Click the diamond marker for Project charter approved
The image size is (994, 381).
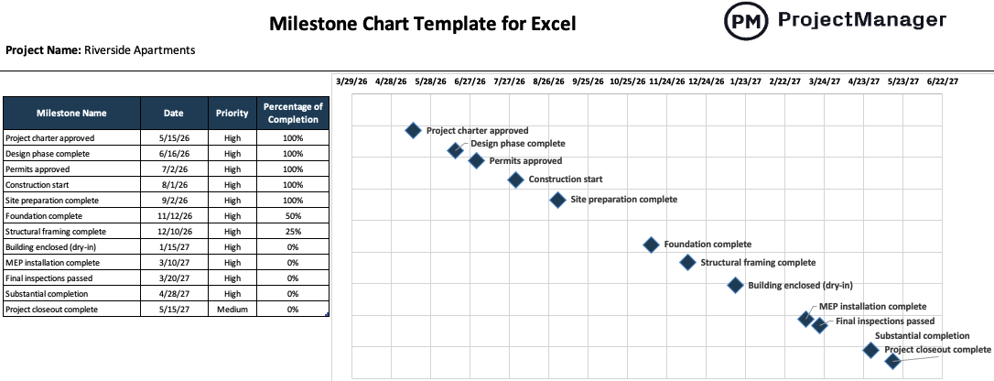pyautogui.click(x=413, y=131)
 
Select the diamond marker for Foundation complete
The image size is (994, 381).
pyautogui.click(x=651, y=245)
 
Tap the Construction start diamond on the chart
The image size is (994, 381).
pyautogui.click(x=515, y=180)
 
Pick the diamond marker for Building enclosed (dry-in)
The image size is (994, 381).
pyautogui.click(x=735, y=285)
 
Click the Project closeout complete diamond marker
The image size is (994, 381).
pyautogui.click(x=892, y=361)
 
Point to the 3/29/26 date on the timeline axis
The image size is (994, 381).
pyautogui.click(x=352, y=82)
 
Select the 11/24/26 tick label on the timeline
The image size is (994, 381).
pyautogui.click(x=667, y=82)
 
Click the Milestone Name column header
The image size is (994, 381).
pyautogui.click(x=71, y=114)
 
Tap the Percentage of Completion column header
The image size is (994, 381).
pyautogui.click(x=293, y=114)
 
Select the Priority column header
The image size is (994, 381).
pyautogui.click(x=232, y=114)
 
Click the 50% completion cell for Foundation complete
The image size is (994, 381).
pyautogui.click(x=293, y=216)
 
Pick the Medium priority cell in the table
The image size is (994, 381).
pyautogui.click(x=232, y=310)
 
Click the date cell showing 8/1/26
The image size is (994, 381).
pyautogui.click(x=174, y=185)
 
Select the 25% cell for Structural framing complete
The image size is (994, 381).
pyautogui.click(x=293, y=232)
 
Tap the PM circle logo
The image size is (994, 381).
pyautogui.click(x=746, y=22)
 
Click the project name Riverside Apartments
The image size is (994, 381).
pyautogui.click(x=139, y=50)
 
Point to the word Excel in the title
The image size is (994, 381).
pyautogui.click(x=550, y=24)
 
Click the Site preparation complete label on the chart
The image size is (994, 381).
pyautogui.click(x=623, y=200)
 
